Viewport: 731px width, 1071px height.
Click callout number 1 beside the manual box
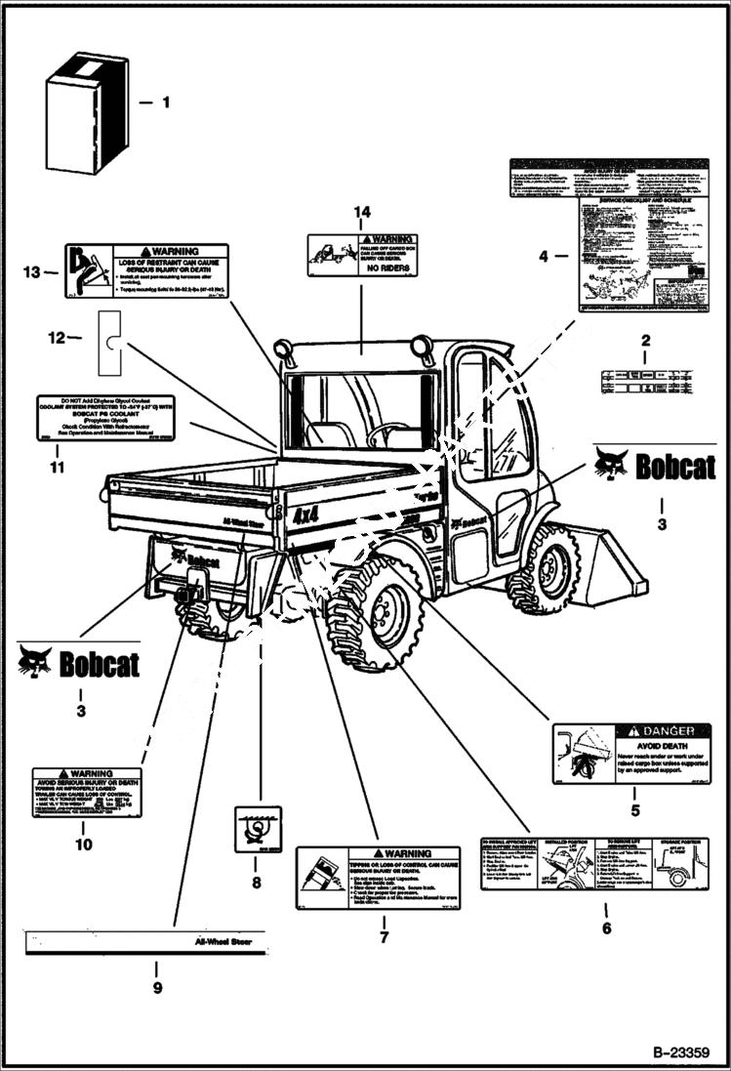165,102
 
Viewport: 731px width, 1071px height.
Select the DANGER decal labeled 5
630,754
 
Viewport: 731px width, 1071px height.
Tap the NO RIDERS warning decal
362,255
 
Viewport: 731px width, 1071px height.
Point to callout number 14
362,212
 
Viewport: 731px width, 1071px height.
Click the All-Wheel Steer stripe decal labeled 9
144,944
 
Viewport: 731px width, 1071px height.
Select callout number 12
57,338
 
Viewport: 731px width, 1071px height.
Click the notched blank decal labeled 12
110,342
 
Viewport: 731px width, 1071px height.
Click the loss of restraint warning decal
146,269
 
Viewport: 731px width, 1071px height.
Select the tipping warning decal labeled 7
378,878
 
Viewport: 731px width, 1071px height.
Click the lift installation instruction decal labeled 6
593,863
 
